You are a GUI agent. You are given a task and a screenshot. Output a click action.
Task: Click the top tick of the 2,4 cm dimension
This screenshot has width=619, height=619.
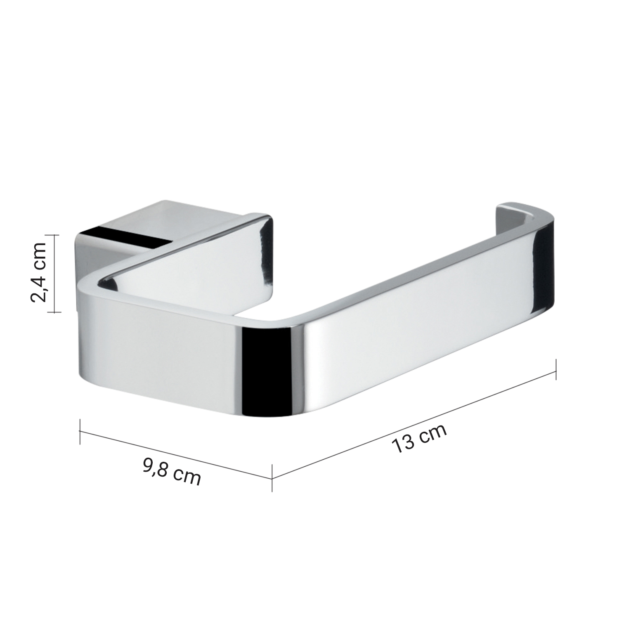pyautogui.click(x=54, y=235)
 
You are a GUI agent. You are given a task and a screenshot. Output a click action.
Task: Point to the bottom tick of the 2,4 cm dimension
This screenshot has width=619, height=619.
pyautogui.click(x=54, y=312)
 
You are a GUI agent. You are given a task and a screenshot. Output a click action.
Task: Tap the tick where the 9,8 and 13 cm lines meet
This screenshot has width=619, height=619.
pyautogui.click(x=272, y=478)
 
